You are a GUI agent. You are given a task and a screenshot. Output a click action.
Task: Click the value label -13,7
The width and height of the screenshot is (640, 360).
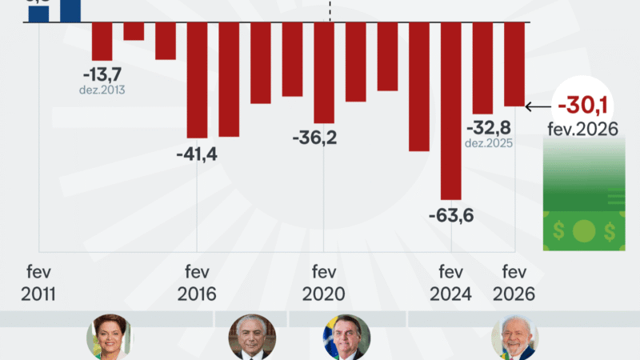102,74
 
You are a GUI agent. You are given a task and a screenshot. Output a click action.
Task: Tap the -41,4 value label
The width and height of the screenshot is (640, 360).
197,154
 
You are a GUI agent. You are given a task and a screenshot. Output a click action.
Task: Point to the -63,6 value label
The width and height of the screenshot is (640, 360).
450,215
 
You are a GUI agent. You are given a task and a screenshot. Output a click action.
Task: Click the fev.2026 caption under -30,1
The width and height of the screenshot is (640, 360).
583,129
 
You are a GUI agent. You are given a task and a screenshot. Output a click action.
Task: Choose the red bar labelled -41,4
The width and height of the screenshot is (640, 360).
197,80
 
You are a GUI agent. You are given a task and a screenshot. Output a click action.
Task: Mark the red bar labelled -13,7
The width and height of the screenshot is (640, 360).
102,41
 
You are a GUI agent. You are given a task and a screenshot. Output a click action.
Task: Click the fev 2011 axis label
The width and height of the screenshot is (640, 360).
38,282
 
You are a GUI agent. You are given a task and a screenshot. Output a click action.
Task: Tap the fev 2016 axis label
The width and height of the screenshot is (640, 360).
196,282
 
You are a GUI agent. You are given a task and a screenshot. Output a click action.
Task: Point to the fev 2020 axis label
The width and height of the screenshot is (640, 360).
323,282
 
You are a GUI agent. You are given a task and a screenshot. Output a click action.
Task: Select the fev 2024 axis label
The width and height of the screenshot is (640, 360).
450,282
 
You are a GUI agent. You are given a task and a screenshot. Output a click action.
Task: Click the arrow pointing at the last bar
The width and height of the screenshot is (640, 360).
538,105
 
